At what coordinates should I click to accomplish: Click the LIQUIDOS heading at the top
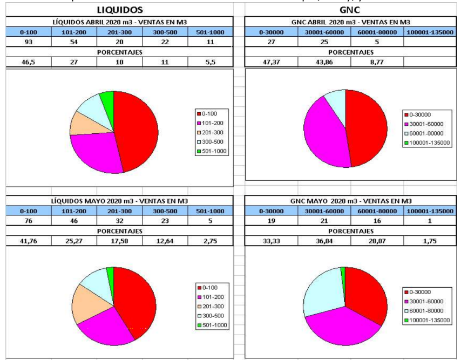click(x=119, y=10)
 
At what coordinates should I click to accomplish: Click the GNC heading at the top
click(x=349, y=10)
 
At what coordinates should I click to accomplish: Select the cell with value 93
click(x=28, y=42)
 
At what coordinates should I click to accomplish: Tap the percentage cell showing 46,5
click(x=28, y=62)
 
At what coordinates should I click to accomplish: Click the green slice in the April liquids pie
click(x=107, y=98)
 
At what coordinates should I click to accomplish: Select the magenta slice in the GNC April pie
click(x=322, y=138)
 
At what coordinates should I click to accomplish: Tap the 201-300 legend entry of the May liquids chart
click(x=212, y=306)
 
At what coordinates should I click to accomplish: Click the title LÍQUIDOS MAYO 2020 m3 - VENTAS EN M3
click(x=119, y=200)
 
